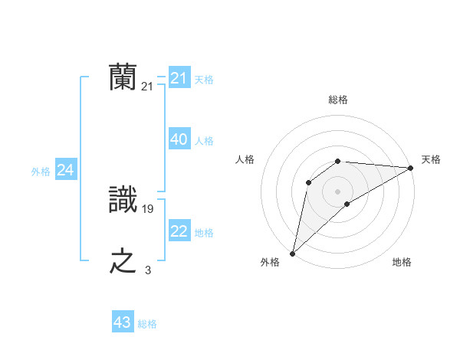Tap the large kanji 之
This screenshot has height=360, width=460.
[x=123, y=261]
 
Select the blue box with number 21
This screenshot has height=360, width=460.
[x=179, y=78]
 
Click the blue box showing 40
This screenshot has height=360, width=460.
[x=179, y=139]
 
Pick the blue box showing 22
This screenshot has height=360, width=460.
[x=179, y=231]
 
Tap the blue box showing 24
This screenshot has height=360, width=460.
[x=65, y=170]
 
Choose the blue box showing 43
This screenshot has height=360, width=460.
[x=123, y=322]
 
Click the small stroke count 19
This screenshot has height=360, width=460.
[x=148, y=208]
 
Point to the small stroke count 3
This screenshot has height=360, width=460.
[x=148, y=270]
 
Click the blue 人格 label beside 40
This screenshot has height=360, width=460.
[x=204, y=141]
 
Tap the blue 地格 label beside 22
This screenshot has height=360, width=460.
[x=204, y=233]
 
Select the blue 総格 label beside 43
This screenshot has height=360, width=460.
[x=147, y=324]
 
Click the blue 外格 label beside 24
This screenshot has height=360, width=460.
[x=41, y=172]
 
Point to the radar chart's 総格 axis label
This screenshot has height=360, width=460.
[x=337, y=100]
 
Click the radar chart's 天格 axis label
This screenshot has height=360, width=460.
[x=431, y=159]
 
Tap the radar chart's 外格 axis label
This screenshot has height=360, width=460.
[x=270, y=262]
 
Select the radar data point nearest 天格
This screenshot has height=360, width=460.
[x=410, y=168]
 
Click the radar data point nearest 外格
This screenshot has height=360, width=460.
[x=292, y=254]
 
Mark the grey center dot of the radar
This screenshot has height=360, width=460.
[x=337, y=191]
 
